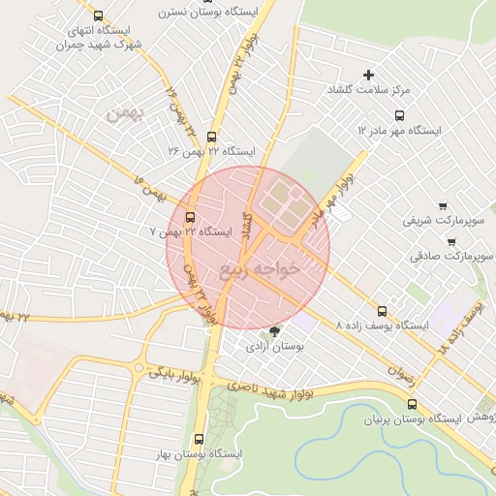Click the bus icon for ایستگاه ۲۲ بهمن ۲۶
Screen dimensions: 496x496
212,137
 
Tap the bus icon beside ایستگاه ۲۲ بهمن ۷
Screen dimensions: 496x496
189,217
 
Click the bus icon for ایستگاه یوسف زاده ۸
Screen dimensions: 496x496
382,312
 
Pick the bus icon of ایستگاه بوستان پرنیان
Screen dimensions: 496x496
413,405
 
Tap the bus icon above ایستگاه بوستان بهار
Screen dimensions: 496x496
199,439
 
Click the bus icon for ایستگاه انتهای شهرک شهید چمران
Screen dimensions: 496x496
98,15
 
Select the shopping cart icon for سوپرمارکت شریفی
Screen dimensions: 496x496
443,205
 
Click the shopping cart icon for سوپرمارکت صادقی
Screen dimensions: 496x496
449,241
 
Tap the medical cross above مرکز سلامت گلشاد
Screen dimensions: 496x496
368,75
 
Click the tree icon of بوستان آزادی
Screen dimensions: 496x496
275,331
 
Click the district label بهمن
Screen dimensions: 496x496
123,114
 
